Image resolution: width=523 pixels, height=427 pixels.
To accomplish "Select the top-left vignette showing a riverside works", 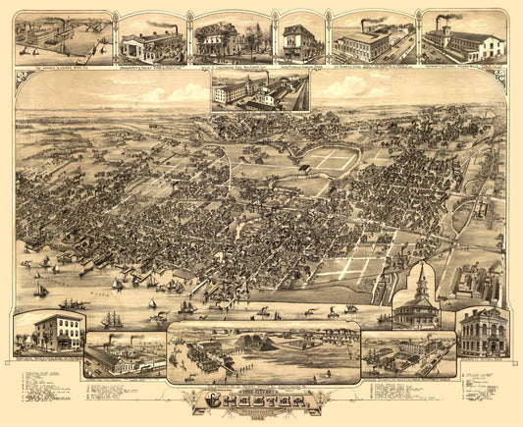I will [x=63, y=37].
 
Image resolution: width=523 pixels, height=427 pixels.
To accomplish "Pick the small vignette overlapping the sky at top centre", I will [x=260, y=90].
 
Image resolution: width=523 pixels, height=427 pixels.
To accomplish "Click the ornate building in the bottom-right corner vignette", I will [x=482, y=332].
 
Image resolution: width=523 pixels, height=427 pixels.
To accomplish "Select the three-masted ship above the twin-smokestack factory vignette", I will [x=113, y=320].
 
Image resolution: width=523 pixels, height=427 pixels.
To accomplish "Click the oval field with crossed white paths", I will [x=330, y=160].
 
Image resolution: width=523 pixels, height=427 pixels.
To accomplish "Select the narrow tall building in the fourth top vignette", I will [x=296, y=41].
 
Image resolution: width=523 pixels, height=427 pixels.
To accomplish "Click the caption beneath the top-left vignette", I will [x=63, y=68].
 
